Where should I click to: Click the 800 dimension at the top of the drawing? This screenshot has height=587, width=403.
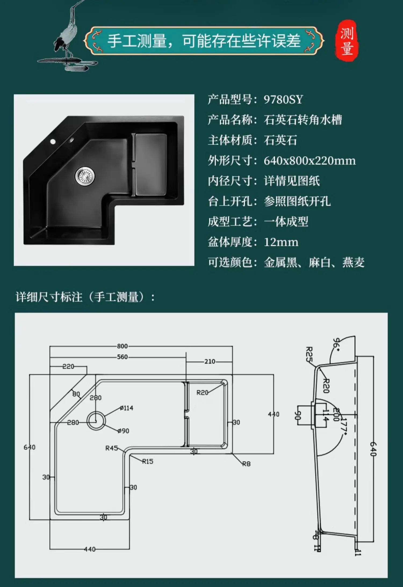tap(122, 346)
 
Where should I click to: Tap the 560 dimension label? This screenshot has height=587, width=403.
tap(122, 357)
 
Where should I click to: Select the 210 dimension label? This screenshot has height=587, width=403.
tap(210, 361)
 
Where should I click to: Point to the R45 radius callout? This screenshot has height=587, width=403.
tap(111, 448)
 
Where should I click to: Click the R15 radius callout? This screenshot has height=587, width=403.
tap(147, 461)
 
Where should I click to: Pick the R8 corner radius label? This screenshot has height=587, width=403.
tap(246, 464)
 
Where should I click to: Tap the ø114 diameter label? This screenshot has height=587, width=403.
tap(127, 408)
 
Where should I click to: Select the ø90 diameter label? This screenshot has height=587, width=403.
tap(123, 431)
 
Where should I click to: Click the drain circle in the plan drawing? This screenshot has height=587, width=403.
tap(96, 421)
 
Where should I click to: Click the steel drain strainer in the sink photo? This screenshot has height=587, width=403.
tap(85, 176)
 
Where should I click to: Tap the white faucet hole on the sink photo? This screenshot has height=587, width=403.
tap(53, 141)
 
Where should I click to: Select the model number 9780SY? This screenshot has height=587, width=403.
tap(283, 100)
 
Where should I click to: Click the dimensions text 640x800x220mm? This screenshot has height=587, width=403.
tap(310, 161)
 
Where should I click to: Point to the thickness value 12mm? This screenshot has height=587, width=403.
tap(281, 242)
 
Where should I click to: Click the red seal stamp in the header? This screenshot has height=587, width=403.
tap(347, 41)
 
